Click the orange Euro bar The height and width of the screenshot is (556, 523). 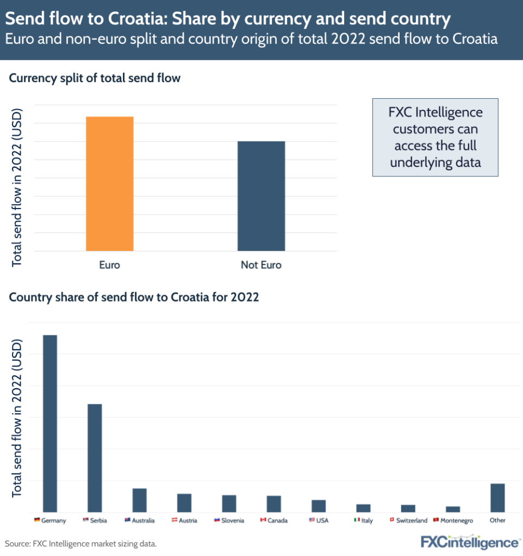tap(110, 184)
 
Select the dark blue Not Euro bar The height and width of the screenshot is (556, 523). tap(261, 196)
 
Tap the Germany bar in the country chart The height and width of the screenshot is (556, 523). tap(50, 423)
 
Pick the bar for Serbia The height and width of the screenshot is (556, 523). tap(95, 458)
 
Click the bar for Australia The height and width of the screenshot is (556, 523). tap(140, 500)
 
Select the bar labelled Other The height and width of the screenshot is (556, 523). tap(497, 497)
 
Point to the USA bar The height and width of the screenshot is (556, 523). tap(319, 506)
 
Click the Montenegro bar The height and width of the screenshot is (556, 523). tap(453, 509)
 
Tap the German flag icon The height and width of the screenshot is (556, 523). tap(36, 520)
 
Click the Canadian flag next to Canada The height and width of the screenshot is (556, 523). tap(263, 520)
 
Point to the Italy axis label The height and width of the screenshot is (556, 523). tap(367, 521)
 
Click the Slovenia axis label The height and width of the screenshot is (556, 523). tap(233, 521)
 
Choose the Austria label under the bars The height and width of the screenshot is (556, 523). tap(188, 521)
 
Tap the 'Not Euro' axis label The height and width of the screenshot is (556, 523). tap(261, 266)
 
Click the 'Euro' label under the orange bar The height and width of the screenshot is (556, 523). tap(110, 266)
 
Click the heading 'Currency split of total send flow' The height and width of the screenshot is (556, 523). tap(95, 78)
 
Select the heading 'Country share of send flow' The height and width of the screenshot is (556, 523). tap(134, 298)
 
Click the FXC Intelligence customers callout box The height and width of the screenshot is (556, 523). tap(435, 137)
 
